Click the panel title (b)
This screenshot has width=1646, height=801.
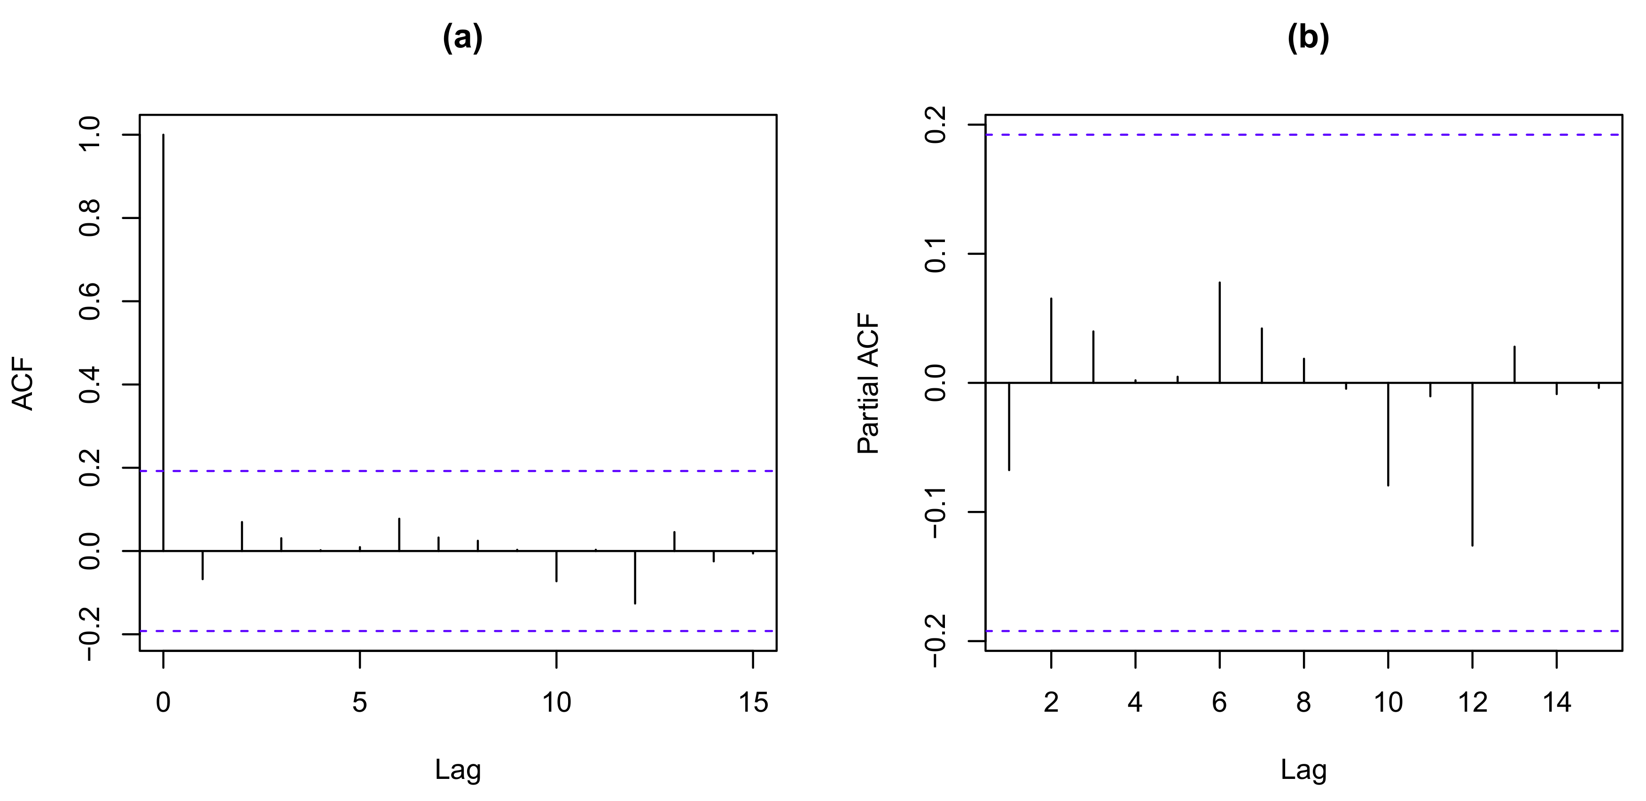pos(1308,39)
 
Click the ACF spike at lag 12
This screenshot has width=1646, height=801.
pos(634,577)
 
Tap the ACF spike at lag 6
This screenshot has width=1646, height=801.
pos(399,534)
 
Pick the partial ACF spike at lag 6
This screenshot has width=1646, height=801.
pos(1220,332)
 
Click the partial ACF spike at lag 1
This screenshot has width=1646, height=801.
pos(1009,426)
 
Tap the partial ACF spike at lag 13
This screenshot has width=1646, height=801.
pos(1514,364)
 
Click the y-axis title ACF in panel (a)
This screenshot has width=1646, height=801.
pos(23,383)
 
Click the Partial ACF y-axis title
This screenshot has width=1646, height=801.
pos(868,384)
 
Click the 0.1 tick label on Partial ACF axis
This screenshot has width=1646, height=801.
pos(936,254)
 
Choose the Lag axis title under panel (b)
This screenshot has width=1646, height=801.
pos(1303,770)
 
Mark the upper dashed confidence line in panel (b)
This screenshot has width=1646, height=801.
pos(1303,135)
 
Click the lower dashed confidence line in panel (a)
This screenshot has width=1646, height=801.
pos(458,631)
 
